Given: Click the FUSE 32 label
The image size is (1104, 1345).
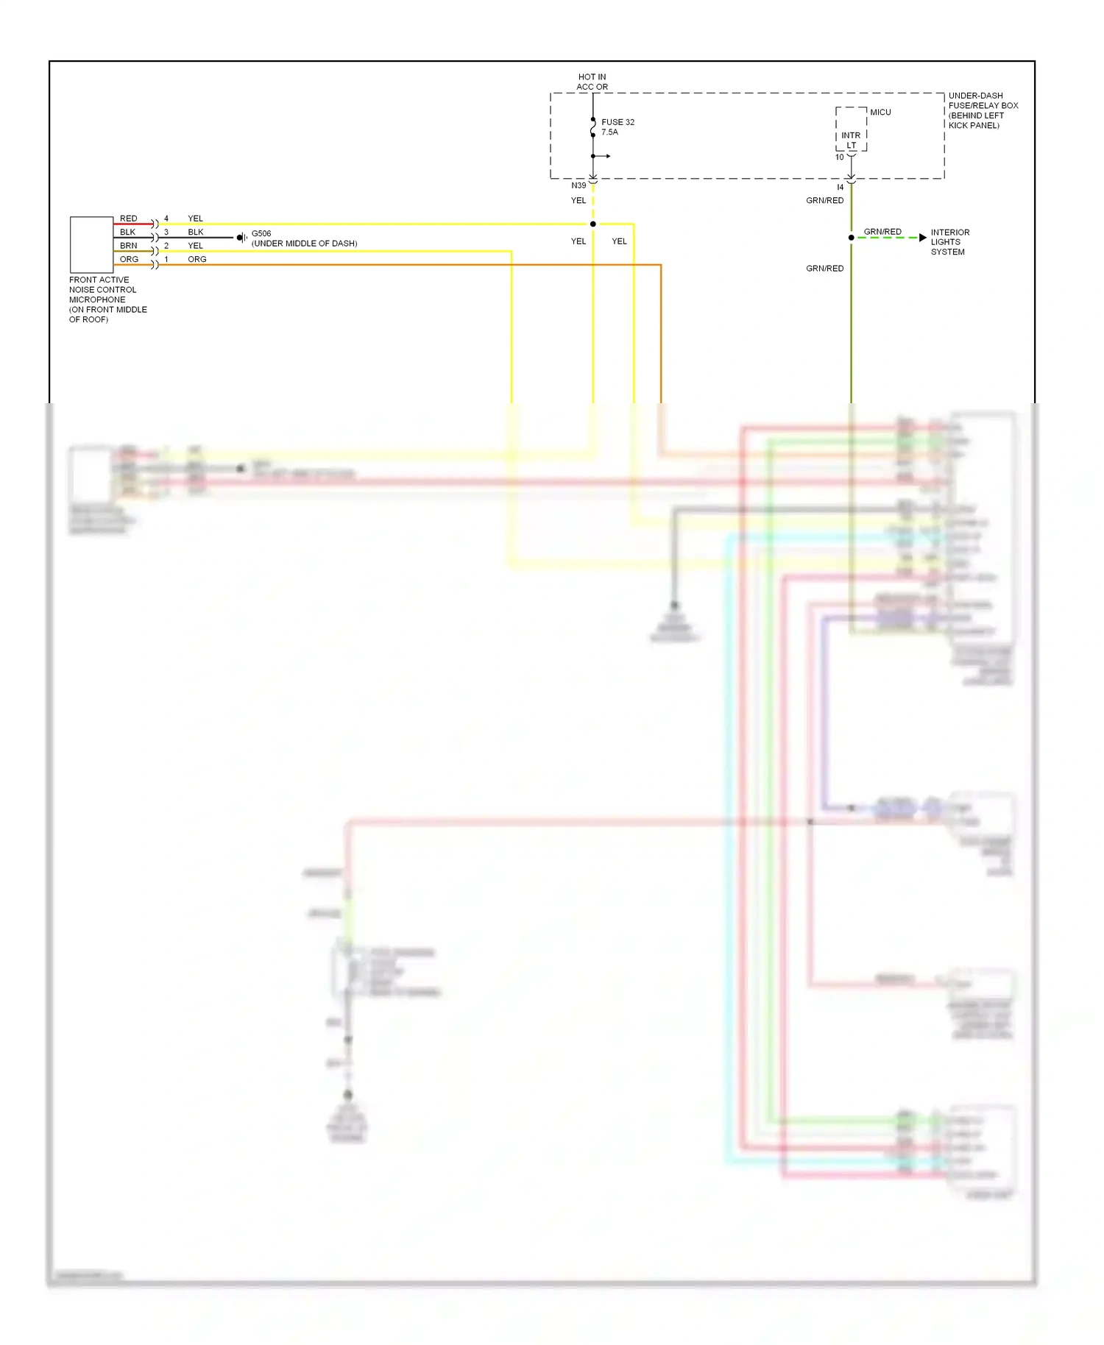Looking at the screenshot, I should coord(617,127).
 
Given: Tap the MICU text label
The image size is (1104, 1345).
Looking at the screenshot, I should coord(880,112).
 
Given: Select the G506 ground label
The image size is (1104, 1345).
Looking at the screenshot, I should coord(261,233).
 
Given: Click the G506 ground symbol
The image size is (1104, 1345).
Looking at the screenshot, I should coord(241,238).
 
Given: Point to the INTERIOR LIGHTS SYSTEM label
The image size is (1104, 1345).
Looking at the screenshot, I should coord(949,242).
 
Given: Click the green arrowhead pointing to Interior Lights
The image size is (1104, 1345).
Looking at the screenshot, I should coord(922,238).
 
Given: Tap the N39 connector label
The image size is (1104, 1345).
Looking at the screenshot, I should coord(578,185).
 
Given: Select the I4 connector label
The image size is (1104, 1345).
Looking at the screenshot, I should coord(840,188).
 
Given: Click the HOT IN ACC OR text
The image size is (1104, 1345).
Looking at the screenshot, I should coord(592,82).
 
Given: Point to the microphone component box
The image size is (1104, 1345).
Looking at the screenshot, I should coord(91,244).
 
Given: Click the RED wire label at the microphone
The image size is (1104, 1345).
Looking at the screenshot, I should coord(128,219).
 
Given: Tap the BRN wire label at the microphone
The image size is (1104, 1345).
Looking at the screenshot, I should coord(128,246).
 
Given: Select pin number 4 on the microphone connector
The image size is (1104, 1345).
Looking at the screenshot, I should coord(166,219).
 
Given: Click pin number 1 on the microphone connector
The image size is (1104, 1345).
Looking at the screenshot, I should coord(166,259).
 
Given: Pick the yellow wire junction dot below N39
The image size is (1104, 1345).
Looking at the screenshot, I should coord(592,224).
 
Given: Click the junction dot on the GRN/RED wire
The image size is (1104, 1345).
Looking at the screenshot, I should coord(851,238).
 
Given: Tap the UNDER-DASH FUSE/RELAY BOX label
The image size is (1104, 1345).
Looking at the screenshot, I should coord(983,110).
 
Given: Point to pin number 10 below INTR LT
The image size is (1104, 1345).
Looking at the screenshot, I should coord(839,157).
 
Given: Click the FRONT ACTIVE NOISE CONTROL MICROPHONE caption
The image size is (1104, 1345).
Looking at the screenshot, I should coord(107,299).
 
